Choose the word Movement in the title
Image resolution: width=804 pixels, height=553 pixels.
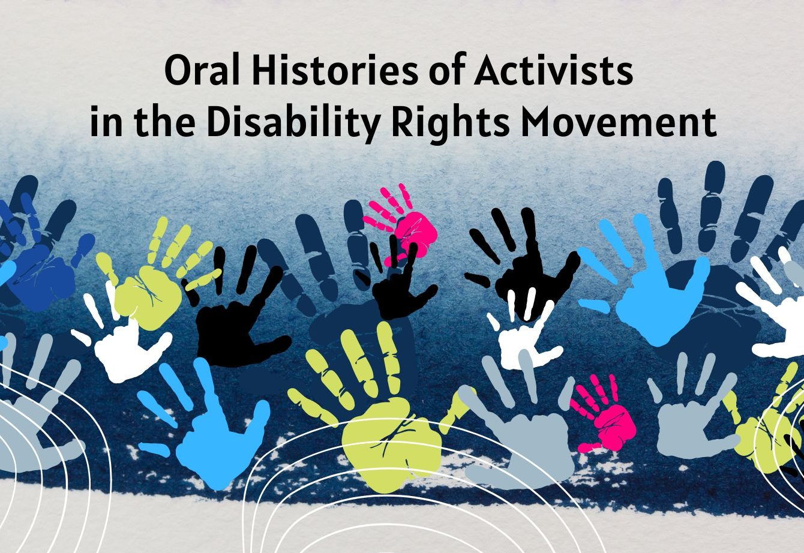[618, 122]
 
